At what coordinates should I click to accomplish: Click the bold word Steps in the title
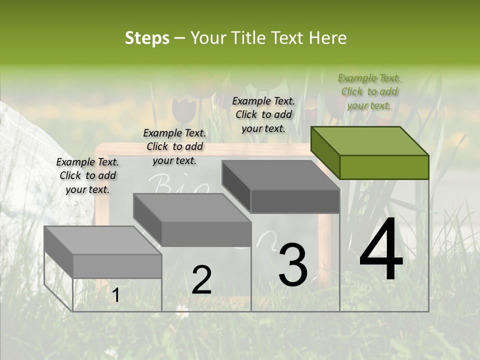[147, 38]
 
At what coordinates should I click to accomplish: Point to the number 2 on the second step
[201, 280]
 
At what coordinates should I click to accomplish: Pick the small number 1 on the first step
[115, 295]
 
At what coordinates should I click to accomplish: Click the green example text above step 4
[369, 91]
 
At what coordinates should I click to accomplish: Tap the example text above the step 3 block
[263, 114]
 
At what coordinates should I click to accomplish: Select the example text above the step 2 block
[174, 146]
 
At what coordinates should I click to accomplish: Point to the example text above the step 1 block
[87, 175]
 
